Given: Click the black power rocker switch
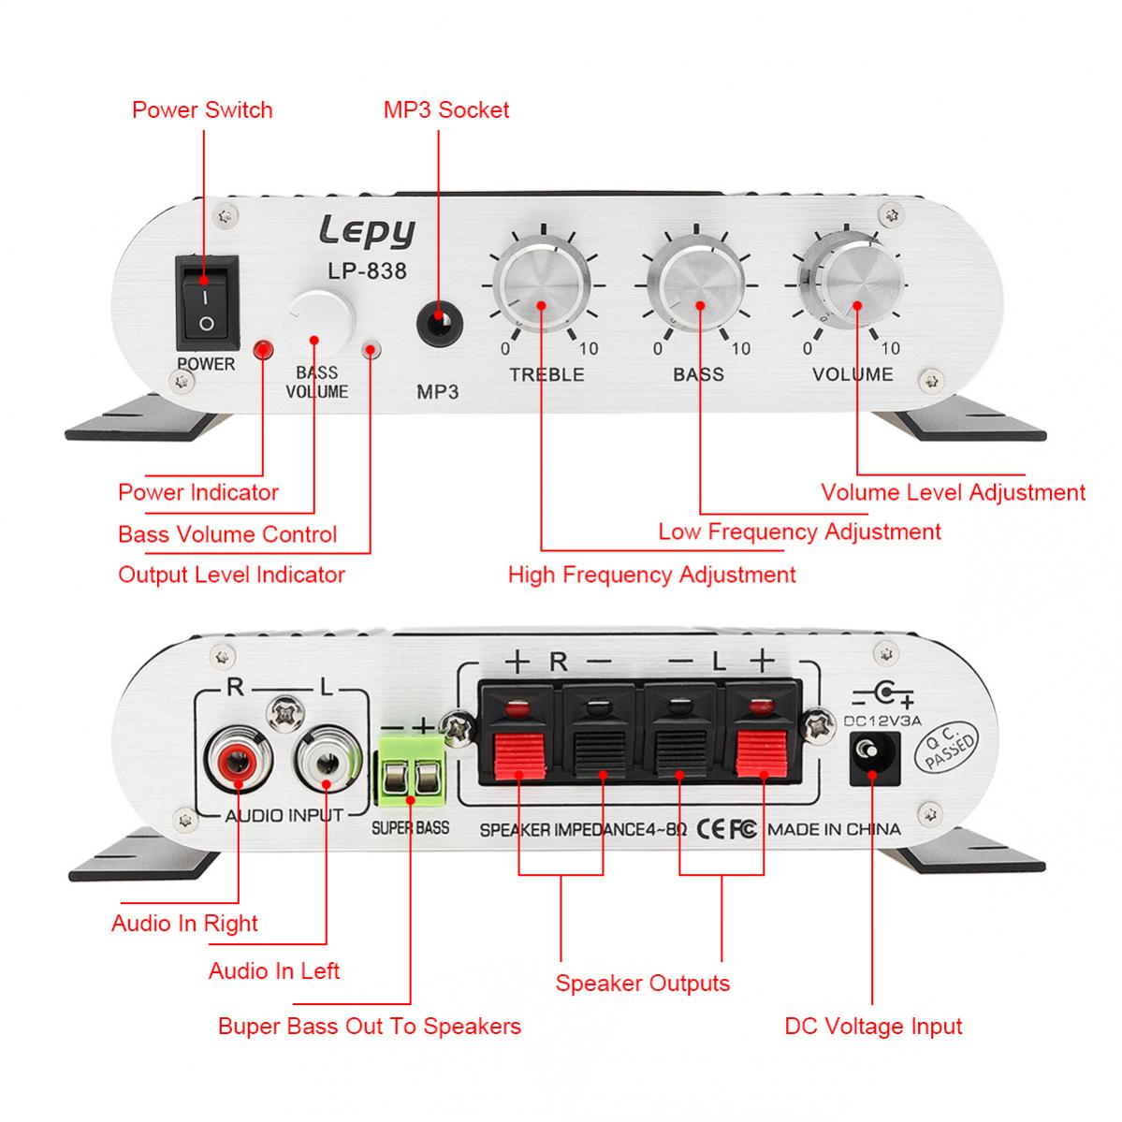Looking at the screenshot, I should pyautogui.click(x=206, y=299).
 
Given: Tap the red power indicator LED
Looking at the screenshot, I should pyautogui.click(x=264, y=350).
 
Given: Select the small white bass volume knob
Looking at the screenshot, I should pyautogui.click(x=319, y=324).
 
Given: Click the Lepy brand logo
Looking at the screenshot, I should pyautogui.click(x=366, y=230).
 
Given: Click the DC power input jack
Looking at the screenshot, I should pyautogui.click(x=872, y=756).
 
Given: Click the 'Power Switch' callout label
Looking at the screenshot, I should pyautogui.click(x=202, y=109).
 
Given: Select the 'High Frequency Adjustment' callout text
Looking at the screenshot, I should pyautogui.click(x=651, y=574).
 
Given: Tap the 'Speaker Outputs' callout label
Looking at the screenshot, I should pyautogui.click(x=642, y=984).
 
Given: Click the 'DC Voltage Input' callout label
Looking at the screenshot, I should pyautogui.click(x=873, y=1027).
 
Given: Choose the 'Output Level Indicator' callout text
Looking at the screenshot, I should pyautogui.click(x=231, y=575).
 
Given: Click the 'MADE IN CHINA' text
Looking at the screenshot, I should pyautogui.click(x=834, y=829).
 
